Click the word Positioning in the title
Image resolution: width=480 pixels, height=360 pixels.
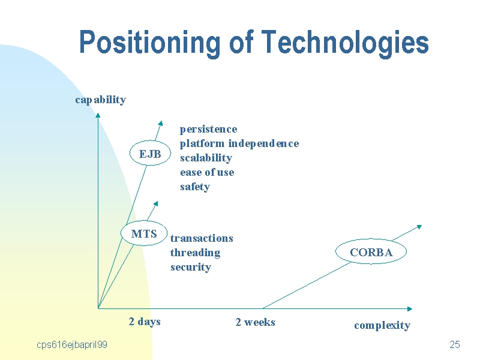click(149, 43)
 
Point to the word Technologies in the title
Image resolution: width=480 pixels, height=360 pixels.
click(345, 43)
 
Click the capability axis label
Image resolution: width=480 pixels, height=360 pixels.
click(100, 100)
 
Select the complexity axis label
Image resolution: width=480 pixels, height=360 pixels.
click(382, 325)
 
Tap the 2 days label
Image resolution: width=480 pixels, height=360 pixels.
click(145, 322)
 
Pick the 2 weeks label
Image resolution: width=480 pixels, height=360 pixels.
click(256, 322)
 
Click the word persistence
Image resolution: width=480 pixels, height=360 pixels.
click(208, 129)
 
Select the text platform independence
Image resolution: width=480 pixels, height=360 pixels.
click(239, 143)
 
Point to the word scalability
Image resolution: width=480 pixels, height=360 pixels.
click(206, 158)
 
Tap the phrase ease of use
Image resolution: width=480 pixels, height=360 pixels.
click(207, 172)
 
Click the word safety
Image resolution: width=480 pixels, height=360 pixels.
click(195, 187)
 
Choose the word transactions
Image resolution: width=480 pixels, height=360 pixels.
click(202, 238)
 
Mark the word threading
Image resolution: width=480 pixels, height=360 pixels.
click(196, 253)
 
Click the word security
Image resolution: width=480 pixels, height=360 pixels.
click(191, 267)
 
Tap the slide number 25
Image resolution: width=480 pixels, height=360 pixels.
click(455, 344)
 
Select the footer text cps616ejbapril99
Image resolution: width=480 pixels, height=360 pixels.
click(72, 345)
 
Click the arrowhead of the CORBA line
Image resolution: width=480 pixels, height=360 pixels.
click(419, 227)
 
